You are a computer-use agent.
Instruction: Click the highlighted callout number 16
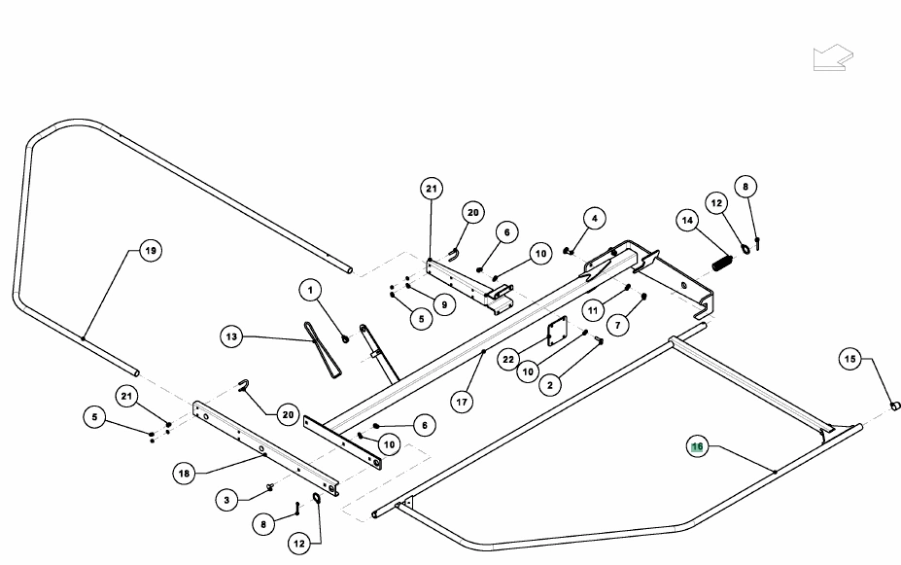point(698,446)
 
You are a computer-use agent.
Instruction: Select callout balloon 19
point(151,251)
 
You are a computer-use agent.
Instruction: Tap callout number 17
point(462,402)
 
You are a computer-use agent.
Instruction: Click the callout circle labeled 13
point(231,336)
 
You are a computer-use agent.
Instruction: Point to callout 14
point(687,220)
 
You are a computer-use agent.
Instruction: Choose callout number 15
point(849,359)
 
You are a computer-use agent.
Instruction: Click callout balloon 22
point(508,360)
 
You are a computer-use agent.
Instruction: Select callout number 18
point(184,474)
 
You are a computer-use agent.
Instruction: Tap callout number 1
point(311,290)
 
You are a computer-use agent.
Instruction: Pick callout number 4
point(594,219)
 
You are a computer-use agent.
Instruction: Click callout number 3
point(227,500)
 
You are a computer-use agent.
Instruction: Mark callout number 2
point(550,384)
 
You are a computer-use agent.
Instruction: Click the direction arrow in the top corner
point(833,58)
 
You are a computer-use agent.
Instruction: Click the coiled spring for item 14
point(722,264)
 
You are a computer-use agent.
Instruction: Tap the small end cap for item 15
point(895,406)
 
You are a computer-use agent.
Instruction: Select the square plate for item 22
point(557,331)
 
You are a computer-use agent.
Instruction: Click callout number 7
point(618,326)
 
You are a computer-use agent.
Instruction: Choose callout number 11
point(593,310)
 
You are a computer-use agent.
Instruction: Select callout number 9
point(444,304)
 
